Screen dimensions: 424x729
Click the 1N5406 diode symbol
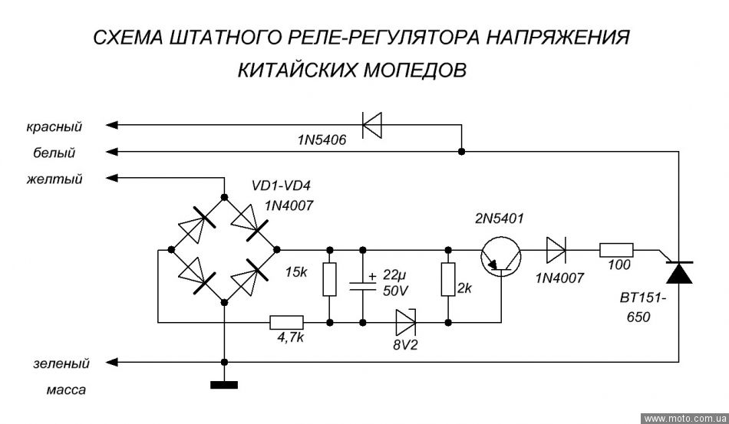point(372,124)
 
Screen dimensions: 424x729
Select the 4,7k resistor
point(285,322)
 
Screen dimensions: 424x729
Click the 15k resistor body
point(329,280)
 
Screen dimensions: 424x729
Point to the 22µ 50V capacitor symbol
point(362,284)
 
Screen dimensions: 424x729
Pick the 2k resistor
point(447,280)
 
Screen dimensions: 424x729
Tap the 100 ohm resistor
point(616,250)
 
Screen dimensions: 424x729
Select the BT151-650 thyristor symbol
point(679,271)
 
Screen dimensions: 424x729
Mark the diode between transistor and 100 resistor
point(556,250)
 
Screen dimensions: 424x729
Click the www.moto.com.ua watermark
point(684,418)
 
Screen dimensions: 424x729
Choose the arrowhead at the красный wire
point(112,124)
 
